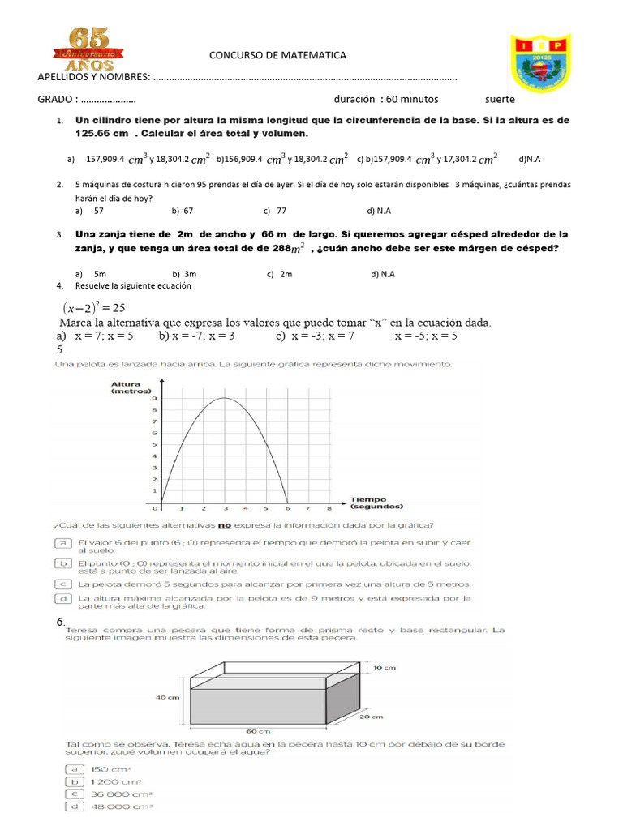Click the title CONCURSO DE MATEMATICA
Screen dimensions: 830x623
[x=277, y=55]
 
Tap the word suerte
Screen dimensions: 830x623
[x=500, y=99]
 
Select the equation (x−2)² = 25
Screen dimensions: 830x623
[x=93, y=307]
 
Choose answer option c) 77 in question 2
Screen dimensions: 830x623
[x=277, y=211]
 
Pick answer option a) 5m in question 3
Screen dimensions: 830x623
[x=91, y=274]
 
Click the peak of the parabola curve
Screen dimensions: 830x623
[x=224, y=398]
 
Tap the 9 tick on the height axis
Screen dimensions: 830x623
[x=154, y=398]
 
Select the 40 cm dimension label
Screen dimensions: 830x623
[x=167, y=696]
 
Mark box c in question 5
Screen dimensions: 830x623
[x=62, y=584]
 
